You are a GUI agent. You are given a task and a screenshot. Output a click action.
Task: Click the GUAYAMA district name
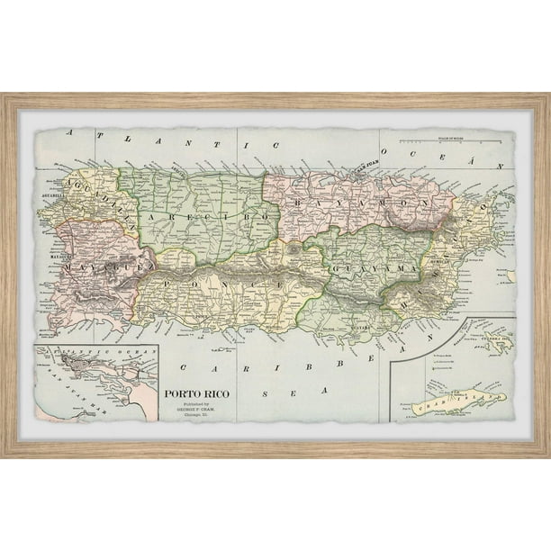pyautogui.click(x=373, y=267)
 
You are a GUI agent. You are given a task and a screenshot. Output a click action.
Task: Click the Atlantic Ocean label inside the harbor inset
pyautogui.click(x=81, y=350)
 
